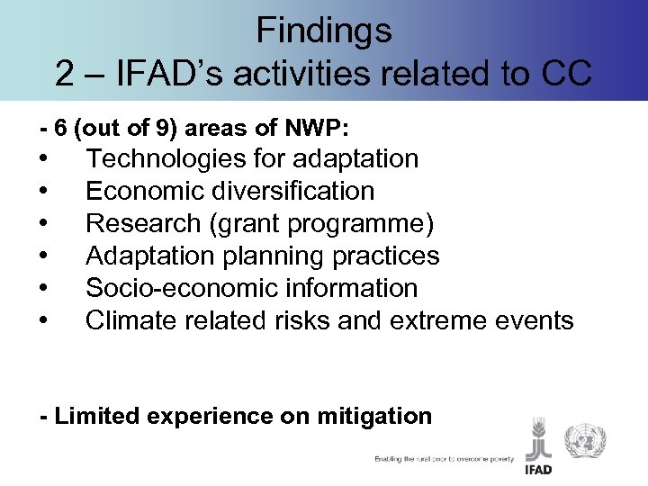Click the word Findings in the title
(324, 31)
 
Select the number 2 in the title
(65, 74)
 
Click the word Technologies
(158, 158)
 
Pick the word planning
(274, 256)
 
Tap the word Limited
(93, 416)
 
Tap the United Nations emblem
(585, 441)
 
